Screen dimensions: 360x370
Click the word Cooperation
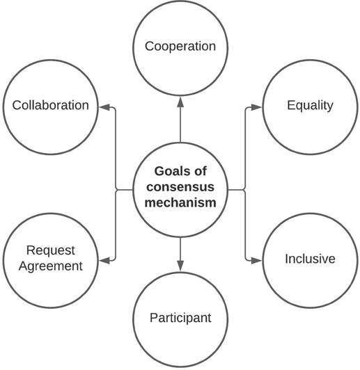click(x=180, y=46)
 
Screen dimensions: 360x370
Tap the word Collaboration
click(x=51, y=105)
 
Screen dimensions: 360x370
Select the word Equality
click(x=310, y=106)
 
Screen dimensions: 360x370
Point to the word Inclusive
click(x=310, y=259)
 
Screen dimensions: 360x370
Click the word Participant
click(x=180, y=318)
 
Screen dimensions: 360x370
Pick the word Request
click(x=51, y=250)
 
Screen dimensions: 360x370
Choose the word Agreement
click(x=51, y=266)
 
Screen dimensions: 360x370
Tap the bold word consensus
click(x=180, y=187)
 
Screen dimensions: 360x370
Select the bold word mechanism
click(x=180, y=202)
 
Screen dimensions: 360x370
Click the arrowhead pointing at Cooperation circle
click(x=180, y=102)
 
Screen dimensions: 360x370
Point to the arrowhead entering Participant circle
click(x=180, y=266)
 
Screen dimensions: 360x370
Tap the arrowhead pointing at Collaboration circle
click(x=104, y=107)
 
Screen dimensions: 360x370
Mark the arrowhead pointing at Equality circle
click(x=256, y=107)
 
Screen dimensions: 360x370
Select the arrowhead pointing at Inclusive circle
click(x=256, y=261)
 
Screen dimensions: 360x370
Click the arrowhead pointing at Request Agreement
click(x=104, y=261)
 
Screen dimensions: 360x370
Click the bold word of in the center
click(x=201, y=171)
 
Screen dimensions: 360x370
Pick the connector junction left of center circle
click(x=116, y=189)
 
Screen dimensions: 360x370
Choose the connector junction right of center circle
click(x=245, y=189)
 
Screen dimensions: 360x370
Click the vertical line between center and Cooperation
click(x=180, y=124)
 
